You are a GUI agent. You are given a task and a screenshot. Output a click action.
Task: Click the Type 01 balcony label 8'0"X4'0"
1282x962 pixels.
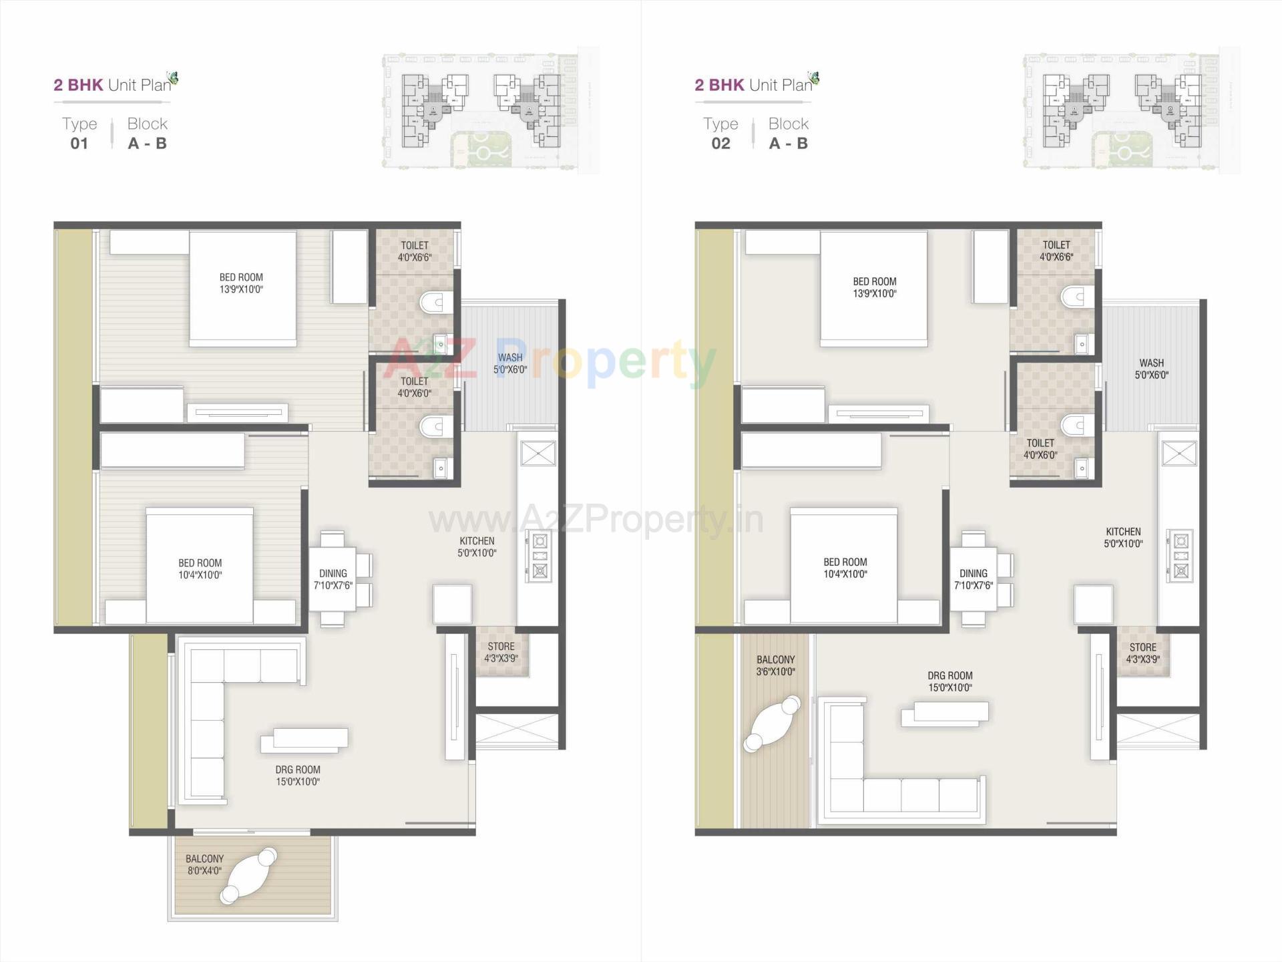tap(204, 864)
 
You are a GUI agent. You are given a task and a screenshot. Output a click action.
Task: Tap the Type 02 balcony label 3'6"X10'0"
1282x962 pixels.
tap(775, 665)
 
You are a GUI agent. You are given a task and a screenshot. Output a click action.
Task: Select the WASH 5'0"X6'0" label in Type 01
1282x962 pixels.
tap(510, 363)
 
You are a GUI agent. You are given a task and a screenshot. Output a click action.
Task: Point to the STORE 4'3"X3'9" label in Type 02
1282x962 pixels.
tap(1142, 653)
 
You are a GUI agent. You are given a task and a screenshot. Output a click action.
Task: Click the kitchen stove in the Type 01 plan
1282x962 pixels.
tap(540, 556)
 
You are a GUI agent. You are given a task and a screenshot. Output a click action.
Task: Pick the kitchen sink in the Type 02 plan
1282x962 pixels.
tap(1179, 454)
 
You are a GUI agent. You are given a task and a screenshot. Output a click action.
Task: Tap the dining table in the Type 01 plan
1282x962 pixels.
tap(333, 579)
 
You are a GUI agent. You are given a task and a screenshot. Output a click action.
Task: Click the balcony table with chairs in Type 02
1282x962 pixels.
tap(772, 724)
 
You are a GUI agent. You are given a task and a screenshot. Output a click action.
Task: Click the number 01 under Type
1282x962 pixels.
tap(79, 144)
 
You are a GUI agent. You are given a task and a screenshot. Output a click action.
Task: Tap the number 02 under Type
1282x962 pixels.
tap(720, 144)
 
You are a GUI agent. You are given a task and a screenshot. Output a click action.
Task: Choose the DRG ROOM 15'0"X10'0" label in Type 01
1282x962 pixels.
tap(298, 776)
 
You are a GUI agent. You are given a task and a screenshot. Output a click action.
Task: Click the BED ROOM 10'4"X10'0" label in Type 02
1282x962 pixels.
tap(845, 568)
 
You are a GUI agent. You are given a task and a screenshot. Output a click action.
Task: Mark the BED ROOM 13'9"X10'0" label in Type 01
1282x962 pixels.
tap(241, 283)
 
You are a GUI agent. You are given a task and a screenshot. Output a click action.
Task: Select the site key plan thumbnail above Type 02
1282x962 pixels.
tap(1131, 110)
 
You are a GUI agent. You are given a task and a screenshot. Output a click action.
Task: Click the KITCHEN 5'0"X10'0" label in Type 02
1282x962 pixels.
tap(1123, 538)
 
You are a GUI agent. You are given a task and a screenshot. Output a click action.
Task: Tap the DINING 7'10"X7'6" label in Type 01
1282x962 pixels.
tap(333, 579)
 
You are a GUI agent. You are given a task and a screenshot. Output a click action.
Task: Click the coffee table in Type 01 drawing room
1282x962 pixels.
tap(304, 739)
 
